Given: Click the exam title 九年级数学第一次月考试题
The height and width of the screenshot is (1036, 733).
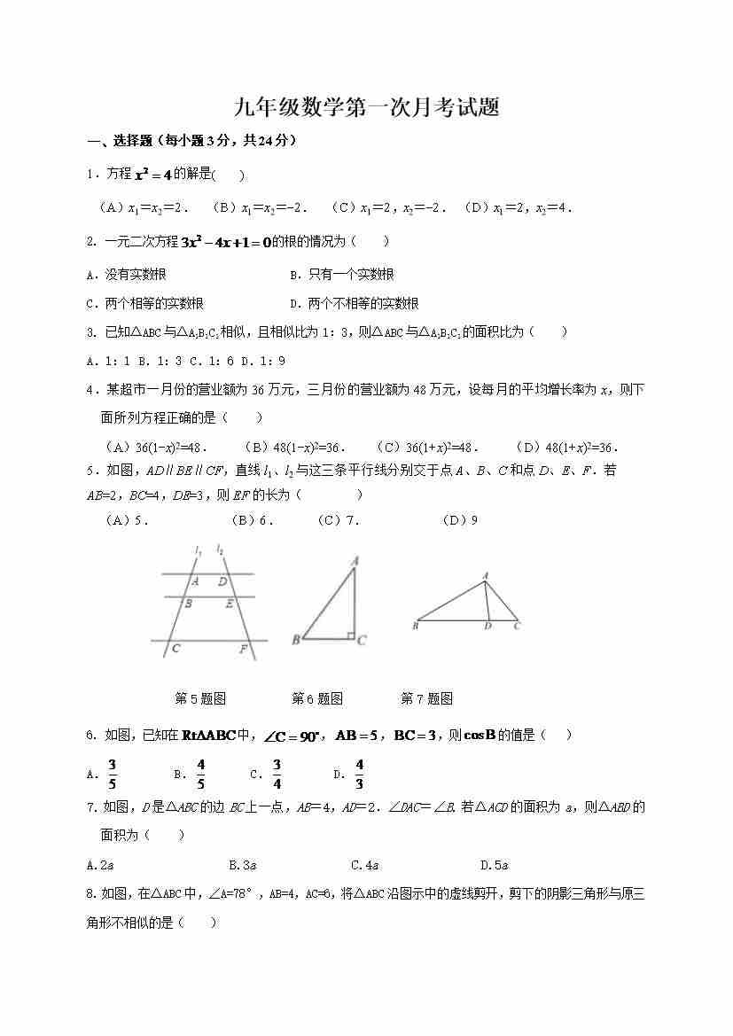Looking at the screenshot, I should (x=366, y=108).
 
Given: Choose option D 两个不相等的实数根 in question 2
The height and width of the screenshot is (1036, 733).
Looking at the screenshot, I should (x=355, y=303).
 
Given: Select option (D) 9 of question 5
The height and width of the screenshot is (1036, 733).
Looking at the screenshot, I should (x=460, y=520).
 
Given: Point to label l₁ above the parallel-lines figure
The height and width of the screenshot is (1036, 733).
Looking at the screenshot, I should (x=199, y=550).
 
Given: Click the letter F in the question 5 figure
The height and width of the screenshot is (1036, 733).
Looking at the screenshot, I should (x=242, y=649).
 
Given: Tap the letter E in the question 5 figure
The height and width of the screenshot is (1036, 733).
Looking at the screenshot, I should (x=229, y=604).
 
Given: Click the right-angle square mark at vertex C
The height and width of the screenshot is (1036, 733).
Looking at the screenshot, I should (x=351, y=635).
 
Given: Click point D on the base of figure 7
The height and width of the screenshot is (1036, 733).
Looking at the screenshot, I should (x=487, y=627).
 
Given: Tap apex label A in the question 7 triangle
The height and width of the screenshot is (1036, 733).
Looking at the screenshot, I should (x=486, y=575).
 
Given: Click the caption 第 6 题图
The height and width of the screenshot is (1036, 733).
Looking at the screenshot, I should (x=317, y=698).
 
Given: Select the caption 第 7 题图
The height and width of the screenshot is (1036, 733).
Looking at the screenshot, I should (x=426, y=698).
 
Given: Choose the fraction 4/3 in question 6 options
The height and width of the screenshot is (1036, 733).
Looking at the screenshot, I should (x=359, y=774).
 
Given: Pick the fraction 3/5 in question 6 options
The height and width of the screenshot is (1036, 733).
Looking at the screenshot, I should (x=112, y=774).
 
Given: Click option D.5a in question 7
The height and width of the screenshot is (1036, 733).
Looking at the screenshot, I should (x=494, y=865).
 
